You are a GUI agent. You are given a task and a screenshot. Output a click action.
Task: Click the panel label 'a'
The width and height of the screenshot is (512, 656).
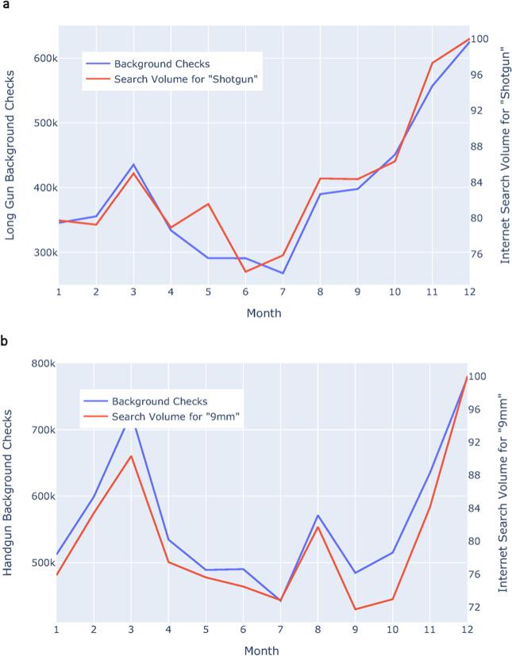5,6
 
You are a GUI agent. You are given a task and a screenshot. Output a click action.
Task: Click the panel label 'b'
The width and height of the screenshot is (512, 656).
5,342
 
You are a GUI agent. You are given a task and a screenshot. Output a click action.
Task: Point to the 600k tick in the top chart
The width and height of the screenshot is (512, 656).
40,59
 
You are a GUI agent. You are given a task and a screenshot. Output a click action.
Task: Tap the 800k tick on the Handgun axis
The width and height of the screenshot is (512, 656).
39,363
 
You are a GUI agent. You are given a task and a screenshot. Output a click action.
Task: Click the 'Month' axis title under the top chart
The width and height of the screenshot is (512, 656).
264,313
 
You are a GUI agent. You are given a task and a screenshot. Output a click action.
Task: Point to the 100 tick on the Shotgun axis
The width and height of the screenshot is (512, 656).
485,39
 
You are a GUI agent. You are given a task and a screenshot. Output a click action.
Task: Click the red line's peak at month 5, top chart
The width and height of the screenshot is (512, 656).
208,204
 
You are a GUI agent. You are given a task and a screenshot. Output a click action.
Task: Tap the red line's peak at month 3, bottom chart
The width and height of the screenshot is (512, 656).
131,456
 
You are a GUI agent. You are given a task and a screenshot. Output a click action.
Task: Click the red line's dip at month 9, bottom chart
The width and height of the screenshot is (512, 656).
355,609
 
